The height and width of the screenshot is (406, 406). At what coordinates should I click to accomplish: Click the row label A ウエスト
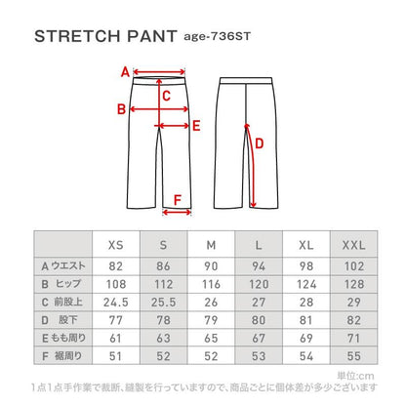click(61, 265)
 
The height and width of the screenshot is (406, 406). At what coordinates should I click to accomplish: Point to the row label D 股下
click(61, 318)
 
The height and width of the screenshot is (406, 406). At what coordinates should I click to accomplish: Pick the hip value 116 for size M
click(210, 283)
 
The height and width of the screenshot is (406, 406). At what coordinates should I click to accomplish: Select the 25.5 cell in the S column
click(163, 301)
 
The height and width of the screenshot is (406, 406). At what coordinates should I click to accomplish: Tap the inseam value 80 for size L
click(258, 318)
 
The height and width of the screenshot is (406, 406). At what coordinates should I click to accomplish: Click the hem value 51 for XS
click(115, 353)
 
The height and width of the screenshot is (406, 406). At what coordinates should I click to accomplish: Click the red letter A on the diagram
click(124, 71)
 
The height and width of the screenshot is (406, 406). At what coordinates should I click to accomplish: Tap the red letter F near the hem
click(177, 202)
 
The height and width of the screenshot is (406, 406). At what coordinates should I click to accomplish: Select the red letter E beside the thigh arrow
click(196, 125)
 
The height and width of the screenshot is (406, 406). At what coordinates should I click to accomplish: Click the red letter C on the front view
click(167, 96)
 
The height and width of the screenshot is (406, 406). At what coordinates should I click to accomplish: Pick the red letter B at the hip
click(120, 109)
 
